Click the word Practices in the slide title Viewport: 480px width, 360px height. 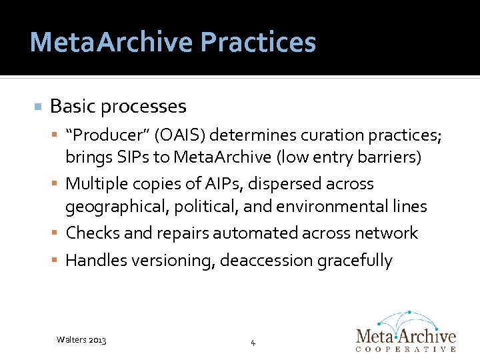tap(257, 42)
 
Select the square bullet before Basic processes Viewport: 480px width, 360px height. tap(38, 107)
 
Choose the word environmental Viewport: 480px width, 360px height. tap(334, 207)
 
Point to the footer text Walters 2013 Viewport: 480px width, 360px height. tap(81, 340)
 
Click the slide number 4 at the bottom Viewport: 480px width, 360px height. tap(253, 343)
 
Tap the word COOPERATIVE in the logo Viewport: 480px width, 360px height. tap(407, 349)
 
